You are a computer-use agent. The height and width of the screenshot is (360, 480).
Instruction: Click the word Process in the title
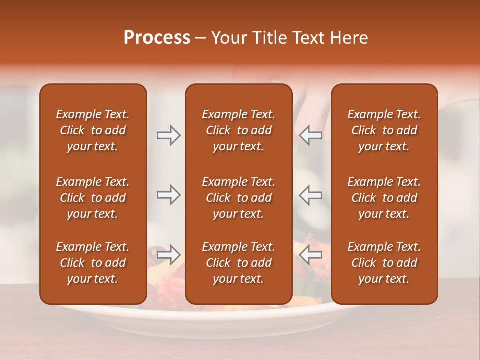tap(157, 38)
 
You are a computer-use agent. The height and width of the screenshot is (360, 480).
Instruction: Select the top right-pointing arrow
tap(168, 135)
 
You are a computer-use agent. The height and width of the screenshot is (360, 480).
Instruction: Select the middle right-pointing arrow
tap(168, 195)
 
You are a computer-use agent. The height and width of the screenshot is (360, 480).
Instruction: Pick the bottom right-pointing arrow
tap(168, 254)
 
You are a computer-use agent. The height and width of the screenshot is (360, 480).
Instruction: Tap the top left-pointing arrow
tap(311, 135)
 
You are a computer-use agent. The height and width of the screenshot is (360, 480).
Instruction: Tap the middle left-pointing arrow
tap(311, 195)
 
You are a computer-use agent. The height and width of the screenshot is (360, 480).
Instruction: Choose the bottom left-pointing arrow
tap(311, 254)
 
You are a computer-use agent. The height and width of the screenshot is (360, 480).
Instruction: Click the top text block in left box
tap(93, 130)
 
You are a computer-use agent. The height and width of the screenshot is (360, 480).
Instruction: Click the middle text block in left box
tap(93, 198)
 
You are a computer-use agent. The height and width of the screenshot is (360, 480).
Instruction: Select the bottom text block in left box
tap(93, 263)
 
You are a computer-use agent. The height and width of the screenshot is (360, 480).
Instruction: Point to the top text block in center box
tap(238, 130)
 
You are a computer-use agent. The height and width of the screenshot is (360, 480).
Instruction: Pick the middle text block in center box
tap(238, 198)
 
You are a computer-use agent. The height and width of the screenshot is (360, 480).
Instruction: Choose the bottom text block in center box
tap(238, 263)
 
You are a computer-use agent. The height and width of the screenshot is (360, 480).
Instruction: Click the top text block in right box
tap(384, 130)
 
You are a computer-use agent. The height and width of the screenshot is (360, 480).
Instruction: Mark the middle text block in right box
tap(384, 198)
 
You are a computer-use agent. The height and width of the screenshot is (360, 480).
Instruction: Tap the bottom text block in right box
tap(384, 263)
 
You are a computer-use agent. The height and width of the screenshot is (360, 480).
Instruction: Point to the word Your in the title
tap(229, 38)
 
